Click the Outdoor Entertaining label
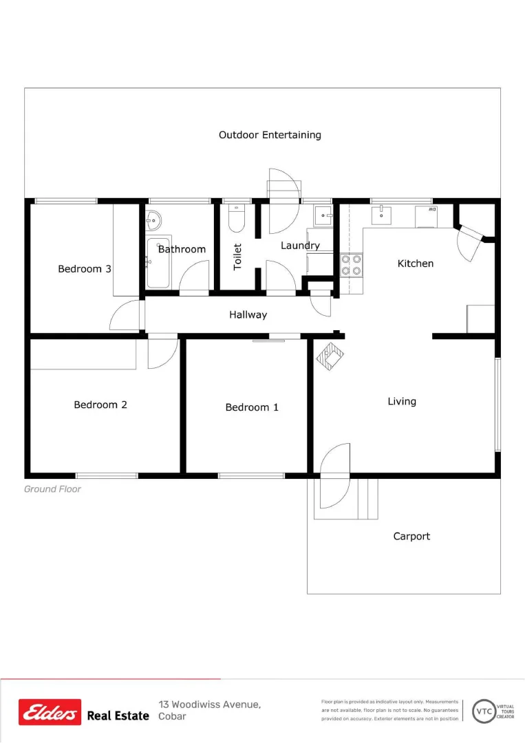point(270,135)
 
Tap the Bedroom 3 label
point(85,269)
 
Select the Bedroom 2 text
point(100,405)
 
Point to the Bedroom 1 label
point(252,407)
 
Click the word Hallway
point(248,315)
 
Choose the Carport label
point(411,536)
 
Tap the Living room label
point(402,401)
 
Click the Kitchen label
point(416,263)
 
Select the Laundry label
point(300,246)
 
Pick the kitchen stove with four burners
point(352,265)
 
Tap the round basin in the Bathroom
point(153,220)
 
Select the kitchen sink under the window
point(381,215)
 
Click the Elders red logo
point(50,712)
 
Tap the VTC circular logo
point(485,711)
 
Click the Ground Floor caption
point(52,489)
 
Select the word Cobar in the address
point(172,717)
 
